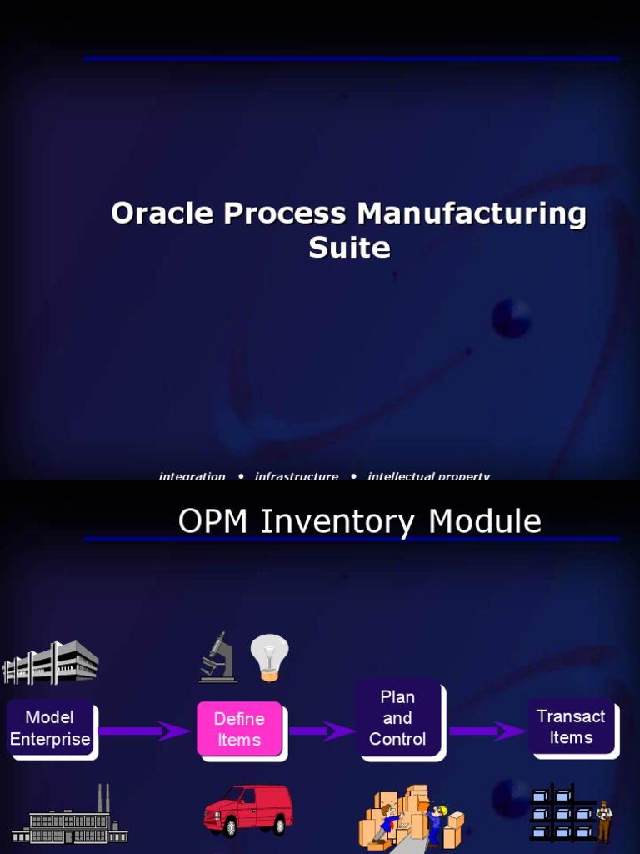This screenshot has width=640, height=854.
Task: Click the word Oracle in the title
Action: coord(163,213)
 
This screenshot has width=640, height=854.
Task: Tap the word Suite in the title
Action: coord(349,248)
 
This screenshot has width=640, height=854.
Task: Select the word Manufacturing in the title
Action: coord(472,213)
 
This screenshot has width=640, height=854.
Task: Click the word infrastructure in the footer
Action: coord(297,476)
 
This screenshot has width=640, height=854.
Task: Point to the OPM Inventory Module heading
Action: coord(359,521)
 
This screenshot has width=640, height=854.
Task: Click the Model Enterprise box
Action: coord(50,728)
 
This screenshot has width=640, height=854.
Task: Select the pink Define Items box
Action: coord(239,729)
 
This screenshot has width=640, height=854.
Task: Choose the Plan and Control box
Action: coord(397,718)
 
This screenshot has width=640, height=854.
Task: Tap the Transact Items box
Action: coord(571,726)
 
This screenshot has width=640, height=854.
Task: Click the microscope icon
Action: coord(217,658)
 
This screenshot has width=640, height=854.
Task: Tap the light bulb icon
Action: coord(269,656)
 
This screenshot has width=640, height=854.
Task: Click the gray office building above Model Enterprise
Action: coord(51,662)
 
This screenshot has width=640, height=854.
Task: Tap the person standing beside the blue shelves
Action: coord(603,821)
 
